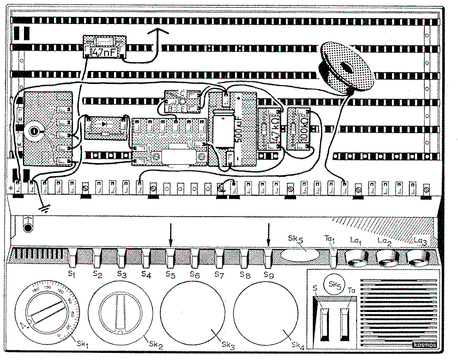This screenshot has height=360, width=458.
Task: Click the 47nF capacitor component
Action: pyautogui.click(x=104, y=47)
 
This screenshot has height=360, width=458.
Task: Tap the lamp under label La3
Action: pyautogui.click(x=419, y=255)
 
